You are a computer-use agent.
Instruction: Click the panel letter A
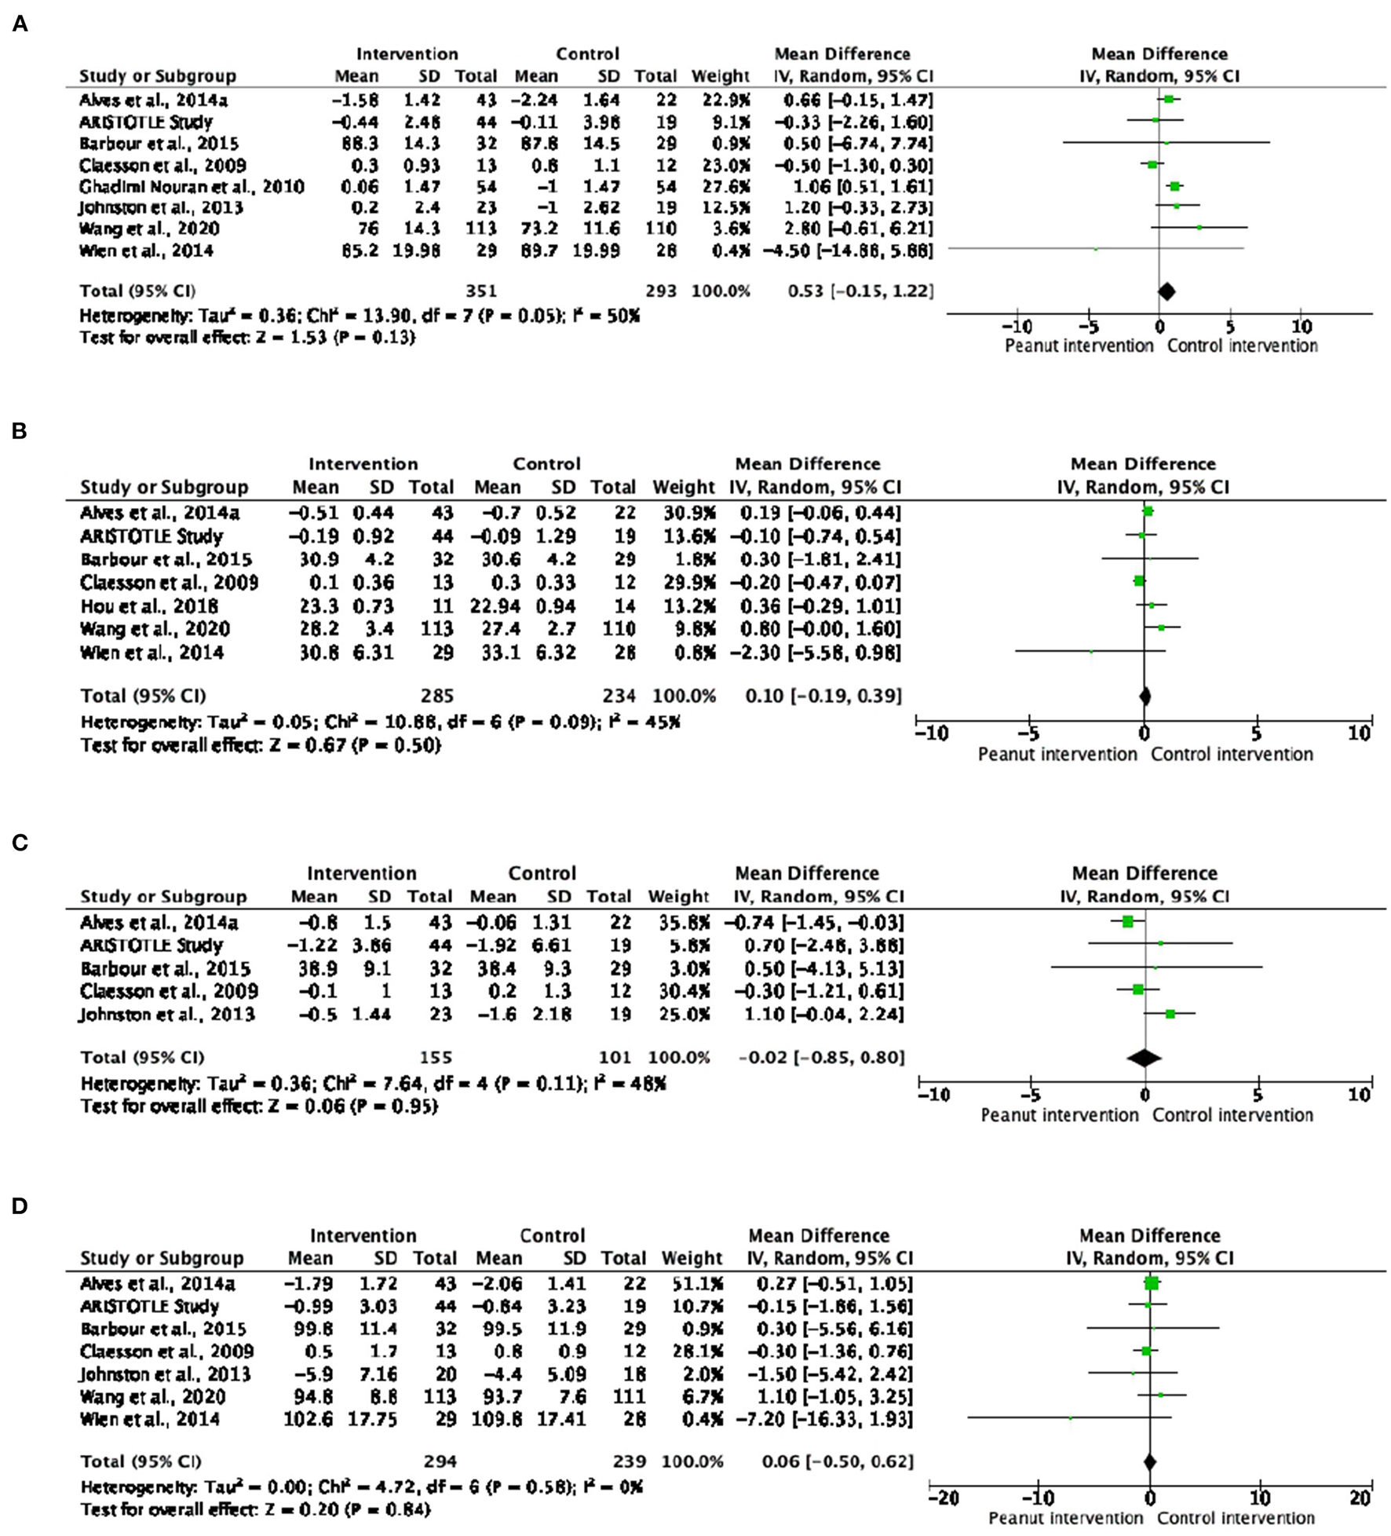(20, 24)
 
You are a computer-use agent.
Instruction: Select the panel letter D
(20, 1205)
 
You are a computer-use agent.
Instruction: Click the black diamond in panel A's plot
(1166, 291)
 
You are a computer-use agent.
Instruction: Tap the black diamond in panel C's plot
(1144, 1058)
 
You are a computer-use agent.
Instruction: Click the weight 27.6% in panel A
(720, 187)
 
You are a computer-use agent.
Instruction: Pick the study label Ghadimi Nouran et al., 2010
(192, 187)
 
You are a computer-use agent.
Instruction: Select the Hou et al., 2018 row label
(149, 606)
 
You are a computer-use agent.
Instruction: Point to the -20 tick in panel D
(943, 1498)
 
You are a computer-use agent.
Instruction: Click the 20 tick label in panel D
(1360, 1498)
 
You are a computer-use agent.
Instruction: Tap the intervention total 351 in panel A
(480, 291)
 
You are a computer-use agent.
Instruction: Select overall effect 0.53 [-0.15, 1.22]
(860, 291)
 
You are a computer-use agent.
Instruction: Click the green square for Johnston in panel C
(1170, 1014)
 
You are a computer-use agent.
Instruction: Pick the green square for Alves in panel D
(1152, 1284)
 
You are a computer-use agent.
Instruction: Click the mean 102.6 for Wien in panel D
(309, 1420)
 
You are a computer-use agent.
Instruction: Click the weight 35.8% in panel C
(678, 923)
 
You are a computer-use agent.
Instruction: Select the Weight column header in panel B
(683, 487)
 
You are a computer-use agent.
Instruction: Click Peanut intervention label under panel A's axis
(1079, 346)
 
